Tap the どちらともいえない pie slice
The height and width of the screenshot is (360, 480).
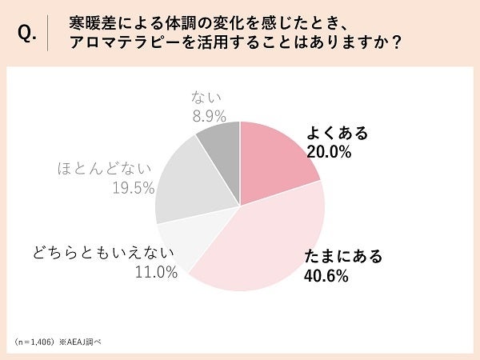(x=178, y=244)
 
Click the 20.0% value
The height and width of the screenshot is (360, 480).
(x=330, y=153)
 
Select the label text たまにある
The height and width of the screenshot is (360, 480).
(x=344, y=258)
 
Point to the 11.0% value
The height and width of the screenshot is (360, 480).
(x=156, y=273)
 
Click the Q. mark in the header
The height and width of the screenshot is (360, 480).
(x=27, y=33)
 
